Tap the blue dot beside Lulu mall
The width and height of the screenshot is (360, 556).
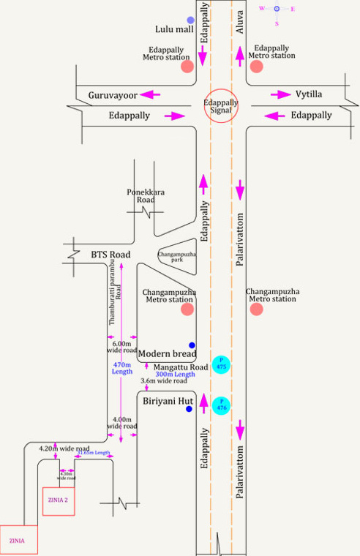point(191,20)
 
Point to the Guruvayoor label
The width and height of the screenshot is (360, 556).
point(113,95)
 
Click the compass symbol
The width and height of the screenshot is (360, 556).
point(277,9)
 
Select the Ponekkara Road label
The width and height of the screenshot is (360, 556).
point(142,195)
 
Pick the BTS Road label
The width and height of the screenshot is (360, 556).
point(110,255)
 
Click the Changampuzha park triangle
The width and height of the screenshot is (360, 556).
point(174,255)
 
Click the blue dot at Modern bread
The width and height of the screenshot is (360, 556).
point(192,345)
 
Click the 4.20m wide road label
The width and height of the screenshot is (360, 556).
point(64,448)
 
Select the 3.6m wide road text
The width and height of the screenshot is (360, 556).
point(164,381)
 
